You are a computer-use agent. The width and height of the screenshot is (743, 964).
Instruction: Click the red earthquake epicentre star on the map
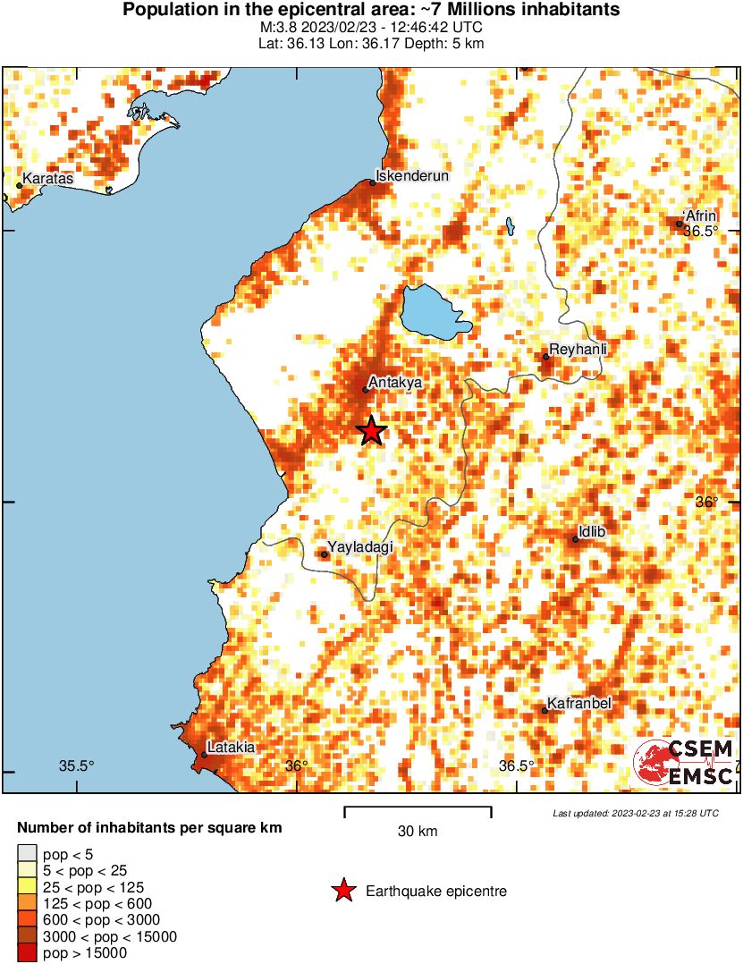point(372,431)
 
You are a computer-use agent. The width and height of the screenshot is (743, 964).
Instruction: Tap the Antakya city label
point(394,383)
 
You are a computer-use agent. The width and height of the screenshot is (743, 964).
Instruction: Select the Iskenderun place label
point(411,176)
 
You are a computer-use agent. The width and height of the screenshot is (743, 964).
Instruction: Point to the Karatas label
point(47,179)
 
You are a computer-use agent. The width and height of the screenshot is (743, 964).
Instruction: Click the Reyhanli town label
point(578,349)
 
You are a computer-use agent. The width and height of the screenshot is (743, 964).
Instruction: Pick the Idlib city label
point(592,533)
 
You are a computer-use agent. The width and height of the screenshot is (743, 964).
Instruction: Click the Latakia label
point(231,748)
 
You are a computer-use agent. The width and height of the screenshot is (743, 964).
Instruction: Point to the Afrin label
point(700,216)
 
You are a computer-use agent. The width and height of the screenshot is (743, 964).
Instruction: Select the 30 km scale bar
point(418,812)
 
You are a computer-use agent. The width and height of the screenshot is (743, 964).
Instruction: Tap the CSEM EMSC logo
point(685,764)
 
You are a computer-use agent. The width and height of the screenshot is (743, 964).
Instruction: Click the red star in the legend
point(342,891)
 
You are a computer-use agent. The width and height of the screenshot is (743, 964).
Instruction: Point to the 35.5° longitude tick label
point(77,765)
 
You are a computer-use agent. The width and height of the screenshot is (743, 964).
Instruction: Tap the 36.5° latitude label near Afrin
point(701,231)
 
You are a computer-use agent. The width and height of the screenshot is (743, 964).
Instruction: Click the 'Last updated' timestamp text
point(635,813)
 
